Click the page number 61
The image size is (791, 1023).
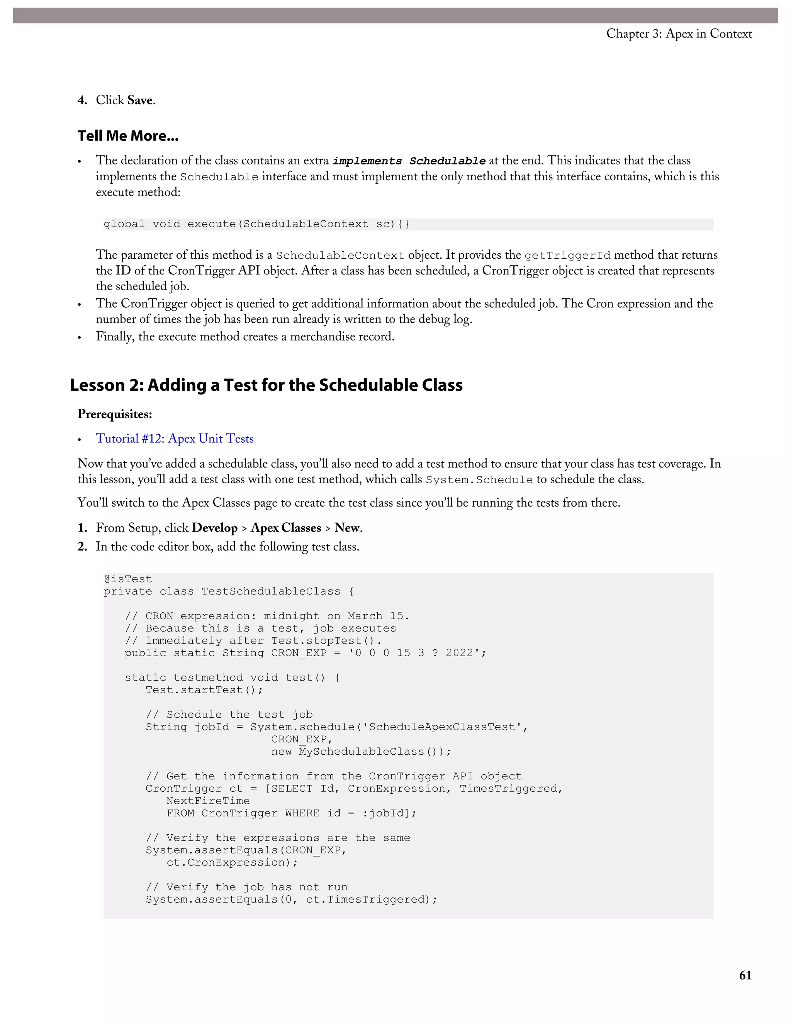tap(745, 975)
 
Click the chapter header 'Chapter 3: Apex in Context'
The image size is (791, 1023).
tap(679, 34)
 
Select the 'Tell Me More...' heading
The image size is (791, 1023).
tap(128, 136)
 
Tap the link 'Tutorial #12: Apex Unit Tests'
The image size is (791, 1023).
tap(175, 439)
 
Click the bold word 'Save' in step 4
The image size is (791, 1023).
tap(140, 100)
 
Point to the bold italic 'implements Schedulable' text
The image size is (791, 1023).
tap(409, 161)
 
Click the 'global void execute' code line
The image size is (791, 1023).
tap(256, 224)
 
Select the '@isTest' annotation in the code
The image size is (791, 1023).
tap(128, 579)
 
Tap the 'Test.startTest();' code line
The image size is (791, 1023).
tap(204, 690)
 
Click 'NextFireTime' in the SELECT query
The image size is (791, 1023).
tap(208, 801)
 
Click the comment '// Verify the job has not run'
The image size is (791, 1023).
tap(246, 887)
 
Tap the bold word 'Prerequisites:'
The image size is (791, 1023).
tap(115, 414)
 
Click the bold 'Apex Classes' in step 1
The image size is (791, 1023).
tap(286, 528)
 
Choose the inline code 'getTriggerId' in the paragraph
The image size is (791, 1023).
tap(567, 256)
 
